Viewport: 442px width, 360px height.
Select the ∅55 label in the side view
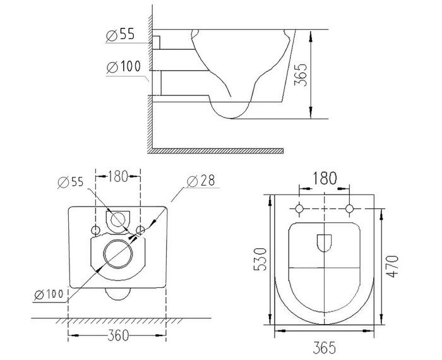click(120, 35)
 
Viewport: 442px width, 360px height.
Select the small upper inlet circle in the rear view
click(117, 219)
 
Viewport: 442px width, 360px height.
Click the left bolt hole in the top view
click(297, 208)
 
